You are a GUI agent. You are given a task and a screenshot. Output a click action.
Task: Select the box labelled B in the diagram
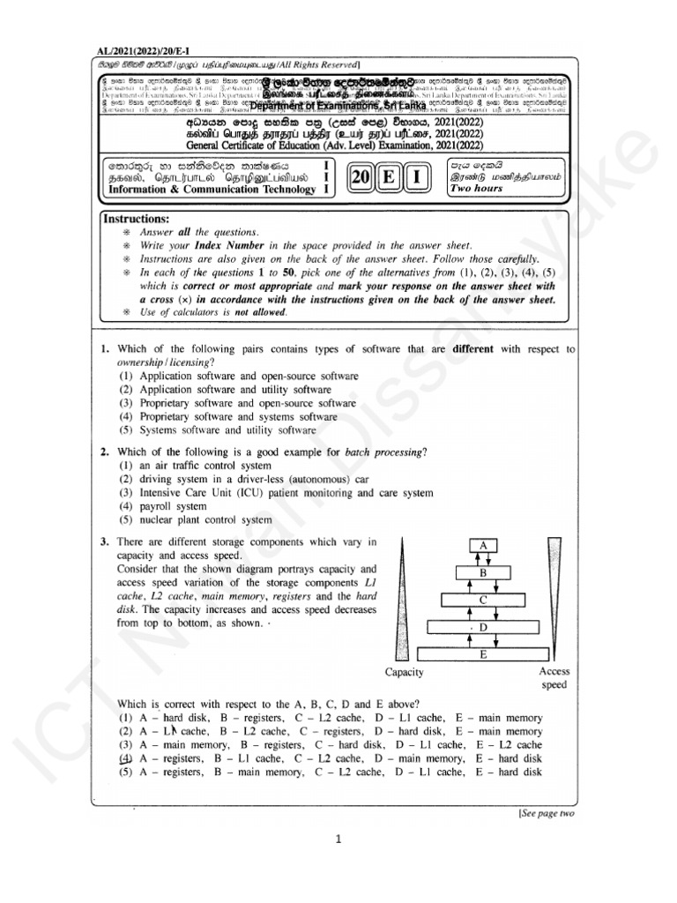click(483, 572)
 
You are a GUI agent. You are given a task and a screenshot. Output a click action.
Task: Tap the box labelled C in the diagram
click(483, 600)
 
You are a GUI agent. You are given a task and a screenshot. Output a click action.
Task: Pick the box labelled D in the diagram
click(483, 627)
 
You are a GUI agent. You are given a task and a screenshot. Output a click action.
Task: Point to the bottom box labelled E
click(483, 655)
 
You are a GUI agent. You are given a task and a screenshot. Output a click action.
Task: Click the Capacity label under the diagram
click(405, 672)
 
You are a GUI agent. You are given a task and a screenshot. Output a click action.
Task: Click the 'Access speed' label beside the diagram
click(554, 677)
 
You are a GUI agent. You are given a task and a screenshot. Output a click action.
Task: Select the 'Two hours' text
click(476, 189)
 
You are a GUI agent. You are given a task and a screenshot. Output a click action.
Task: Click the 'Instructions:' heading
click(136, 219)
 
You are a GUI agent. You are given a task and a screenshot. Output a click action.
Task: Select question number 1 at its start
click(104, 349)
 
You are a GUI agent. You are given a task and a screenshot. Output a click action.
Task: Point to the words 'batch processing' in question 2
click(383, 452)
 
